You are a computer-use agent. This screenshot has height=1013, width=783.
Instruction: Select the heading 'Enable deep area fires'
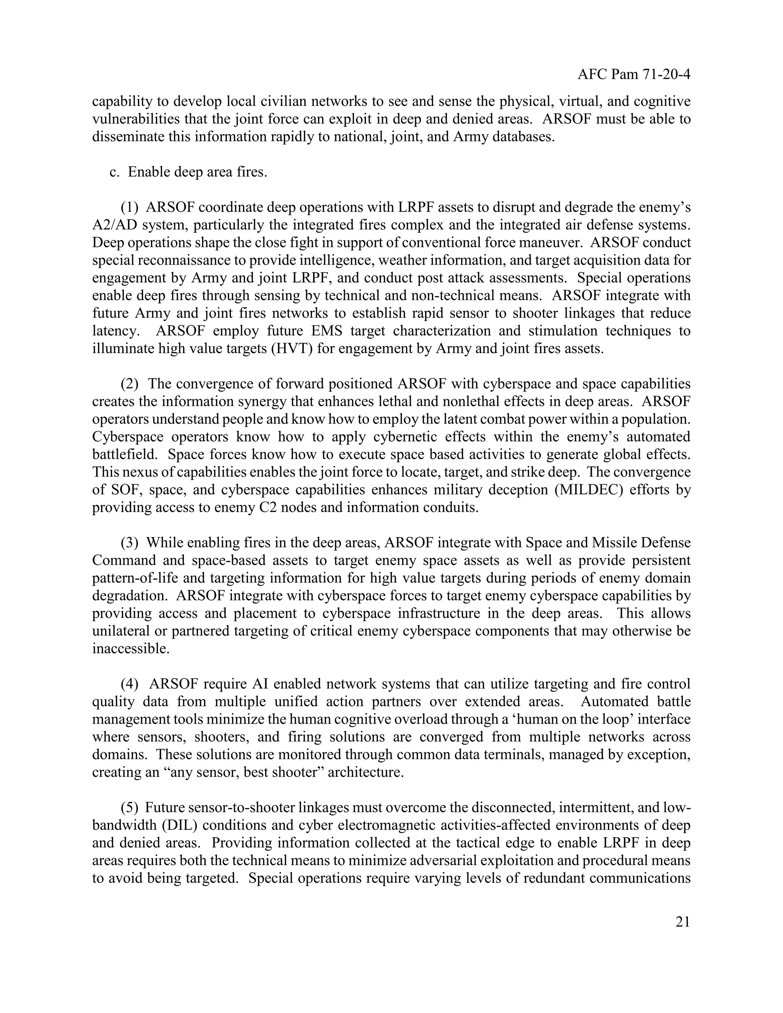[197, 172]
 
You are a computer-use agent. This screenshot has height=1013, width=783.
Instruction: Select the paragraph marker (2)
[130, 384]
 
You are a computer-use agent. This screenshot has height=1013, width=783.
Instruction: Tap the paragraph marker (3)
[130, 543]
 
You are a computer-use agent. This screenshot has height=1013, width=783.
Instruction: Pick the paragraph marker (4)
[130, 684]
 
